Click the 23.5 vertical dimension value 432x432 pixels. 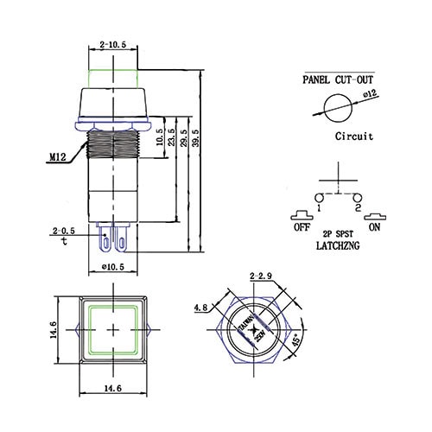tap(171, 139)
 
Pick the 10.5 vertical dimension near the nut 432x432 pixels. tap(159, 139)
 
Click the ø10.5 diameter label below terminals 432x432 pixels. tap(114, 267)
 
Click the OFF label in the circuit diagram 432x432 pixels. tap(302, 228)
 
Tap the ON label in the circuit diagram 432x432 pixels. tap(373, 228)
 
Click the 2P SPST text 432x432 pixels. tap(338, 234)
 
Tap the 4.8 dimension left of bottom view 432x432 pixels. tap(200, 306)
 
